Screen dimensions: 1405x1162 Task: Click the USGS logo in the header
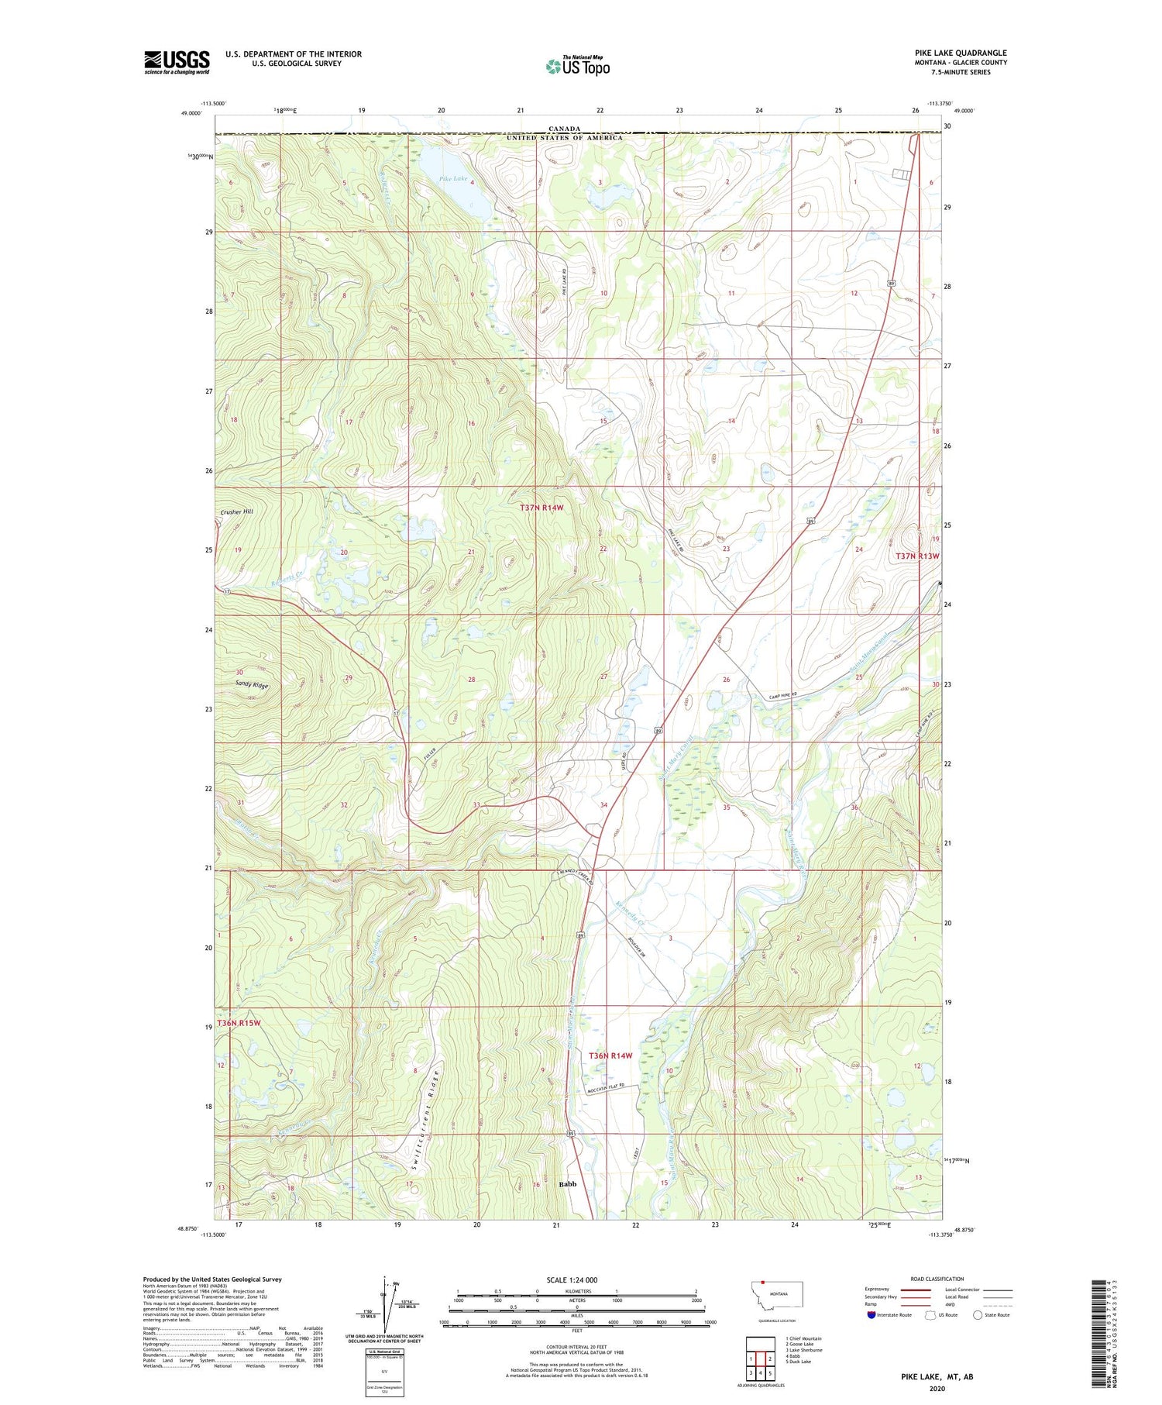tap(177, 62)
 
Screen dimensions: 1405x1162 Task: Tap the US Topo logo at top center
tap(577, 67)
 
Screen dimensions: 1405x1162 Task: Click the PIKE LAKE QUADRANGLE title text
tap(960, 53)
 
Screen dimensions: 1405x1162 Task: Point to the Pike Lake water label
tap(453, 179)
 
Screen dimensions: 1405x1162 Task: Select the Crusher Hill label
tap(236, 511)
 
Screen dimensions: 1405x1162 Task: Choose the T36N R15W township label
tap(239, 1023)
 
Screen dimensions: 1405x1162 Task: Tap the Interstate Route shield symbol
tap(871, 1315)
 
